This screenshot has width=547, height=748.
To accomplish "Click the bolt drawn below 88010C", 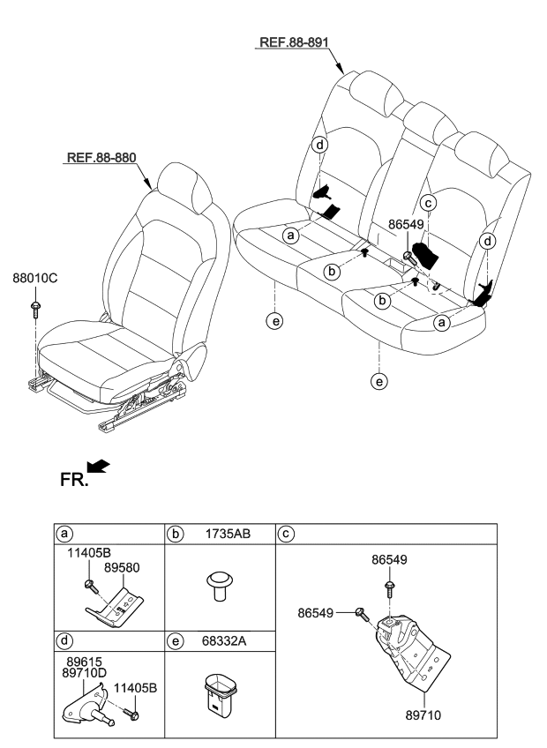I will [x=34, y=307].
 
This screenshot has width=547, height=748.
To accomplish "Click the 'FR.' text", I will [x=72, y=481].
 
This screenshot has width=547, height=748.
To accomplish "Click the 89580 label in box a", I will [x=123, y=571].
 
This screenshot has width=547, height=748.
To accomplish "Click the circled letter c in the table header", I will [x=285, y=534].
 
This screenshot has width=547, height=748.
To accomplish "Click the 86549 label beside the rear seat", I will [x=406, y=225].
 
